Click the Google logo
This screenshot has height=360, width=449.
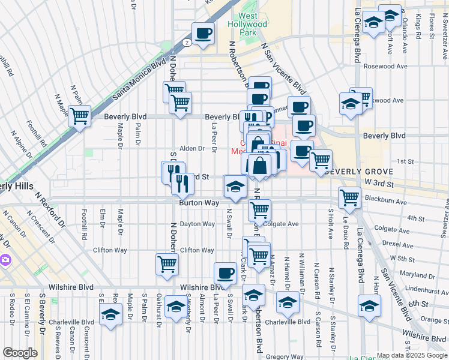[20, 352]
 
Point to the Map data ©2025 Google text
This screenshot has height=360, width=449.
[411, 355]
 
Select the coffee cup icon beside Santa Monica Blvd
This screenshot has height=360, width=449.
[203, 34]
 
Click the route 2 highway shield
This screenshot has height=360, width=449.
[187, 43]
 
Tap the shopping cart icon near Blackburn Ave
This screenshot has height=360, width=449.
[349, 197]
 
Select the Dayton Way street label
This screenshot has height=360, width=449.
[197, 224]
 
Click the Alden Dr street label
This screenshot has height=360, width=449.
[193, 148]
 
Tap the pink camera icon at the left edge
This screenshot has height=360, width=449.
[5, 260]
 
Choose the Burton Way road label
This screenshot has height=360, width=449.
[196, 203]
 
